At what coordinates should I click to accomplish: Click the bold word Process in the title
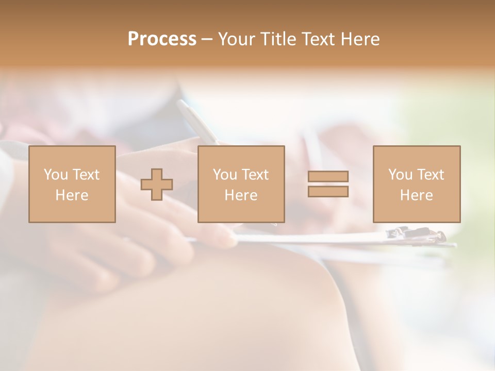(162, 39)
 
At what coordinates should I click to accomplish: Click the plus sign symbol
(157, 184)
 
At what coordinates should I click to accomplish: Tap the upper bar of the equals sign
(328, 176)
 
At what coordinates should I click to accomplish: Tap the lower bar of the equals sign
(328, 192)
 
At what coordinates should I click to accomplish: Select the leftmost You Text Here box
(72, 184)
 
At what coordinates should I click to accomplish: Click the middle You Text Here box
(241, 184)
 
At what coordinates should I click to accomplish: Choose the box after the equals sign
(416, 184)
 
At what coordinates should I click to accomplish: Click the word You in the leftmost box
(55, 175)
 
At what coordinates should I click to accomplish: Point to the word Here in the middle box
(241, 195)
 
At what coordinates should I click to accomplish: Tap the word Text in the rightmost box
(431, 175)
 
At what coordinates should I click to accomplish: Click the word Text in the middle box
(255, 175)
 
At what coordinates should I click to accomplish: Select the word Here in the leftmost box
(72, 195)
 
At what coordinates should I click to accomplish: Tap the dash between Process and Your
(207, 39)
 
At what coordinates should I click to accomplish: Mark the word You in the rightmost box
(400, 175)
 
